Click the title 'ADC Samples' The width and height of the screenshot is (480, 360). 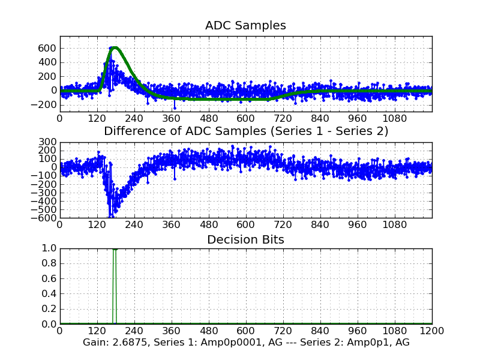pyautogui.click(x=245, y=26)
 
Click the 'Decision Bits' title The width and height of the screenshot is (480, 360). pyautogui.click(x=245, y=240)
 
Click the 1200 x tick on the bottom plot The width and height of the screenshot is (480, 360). pyautogui.click(x=432, y=331)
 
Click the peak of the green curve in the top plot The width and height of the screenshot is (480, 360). pyautogui.click(x=115, y=47)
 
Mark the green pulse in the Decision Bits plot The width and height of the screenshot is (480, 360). pyautogui.click(x=114, y=285)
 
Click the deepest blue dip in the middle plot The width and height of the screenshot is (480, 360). pyautogui.click(x=110, y=215)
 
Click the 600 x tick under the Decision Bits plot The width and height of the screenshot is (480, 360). pyautogui.click(x=245, y=331)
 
